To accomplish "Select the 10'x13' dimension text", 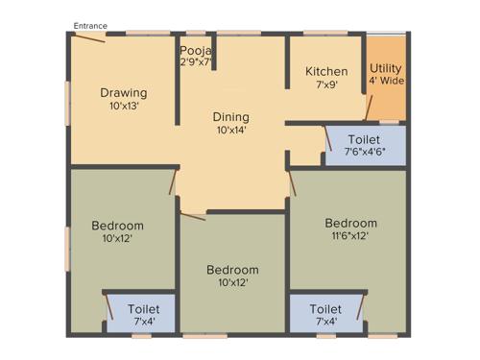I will (124, 106).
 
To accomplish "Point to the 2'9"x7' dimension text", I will (196, 61).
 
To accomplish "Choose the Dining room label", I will (231, 117).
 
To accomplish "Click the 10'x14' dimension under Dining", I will (231, 130).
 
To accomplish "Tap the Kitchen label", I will (326, 72).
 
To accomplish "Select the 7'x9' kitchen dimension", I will (326, 84).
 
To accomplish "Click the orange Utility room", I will (386, 79).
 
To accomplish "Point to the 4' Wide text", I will (386, 83).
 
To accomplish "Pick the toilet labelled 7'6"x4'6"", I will (365, 144).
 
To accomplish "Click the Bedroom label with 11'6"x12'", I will (350, 222).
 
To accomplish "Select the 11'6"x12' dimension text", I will (350, 235).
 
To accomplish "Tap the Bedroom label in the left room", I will (117, 226).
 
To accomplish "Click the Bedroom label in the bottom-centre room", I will (232, 270).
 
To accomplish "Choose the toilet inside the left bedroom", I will (140, 314).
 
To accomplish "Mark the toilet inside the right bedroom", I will (325, 314).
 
